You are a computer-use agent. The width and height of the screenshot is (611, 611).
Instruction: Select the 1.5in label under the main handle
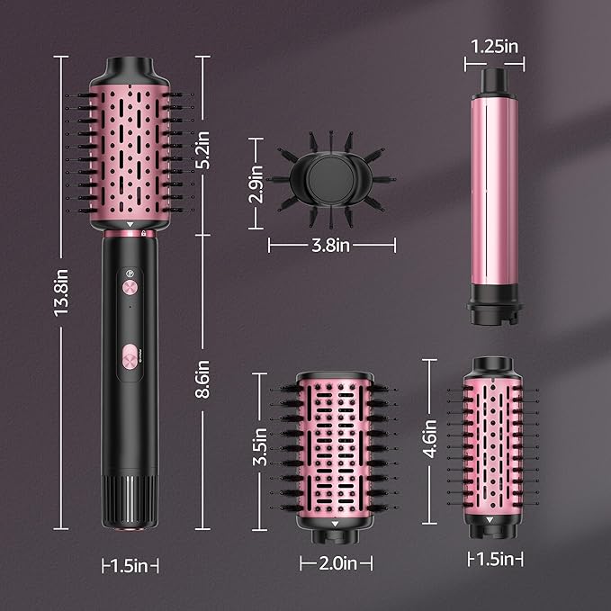(130, 565)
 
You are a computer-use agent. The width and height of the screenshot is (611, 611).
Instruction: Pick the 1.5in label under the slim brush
(495, 560)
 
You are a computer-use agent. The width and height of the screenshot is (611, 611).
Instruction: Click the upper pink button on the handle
(130, 288)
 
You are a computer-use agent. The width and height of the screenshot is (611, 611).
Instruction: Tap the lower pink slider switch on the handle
(130, 356)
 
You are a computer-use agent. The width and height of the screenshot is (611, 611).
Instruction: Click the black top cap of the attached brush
(130, 71)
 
